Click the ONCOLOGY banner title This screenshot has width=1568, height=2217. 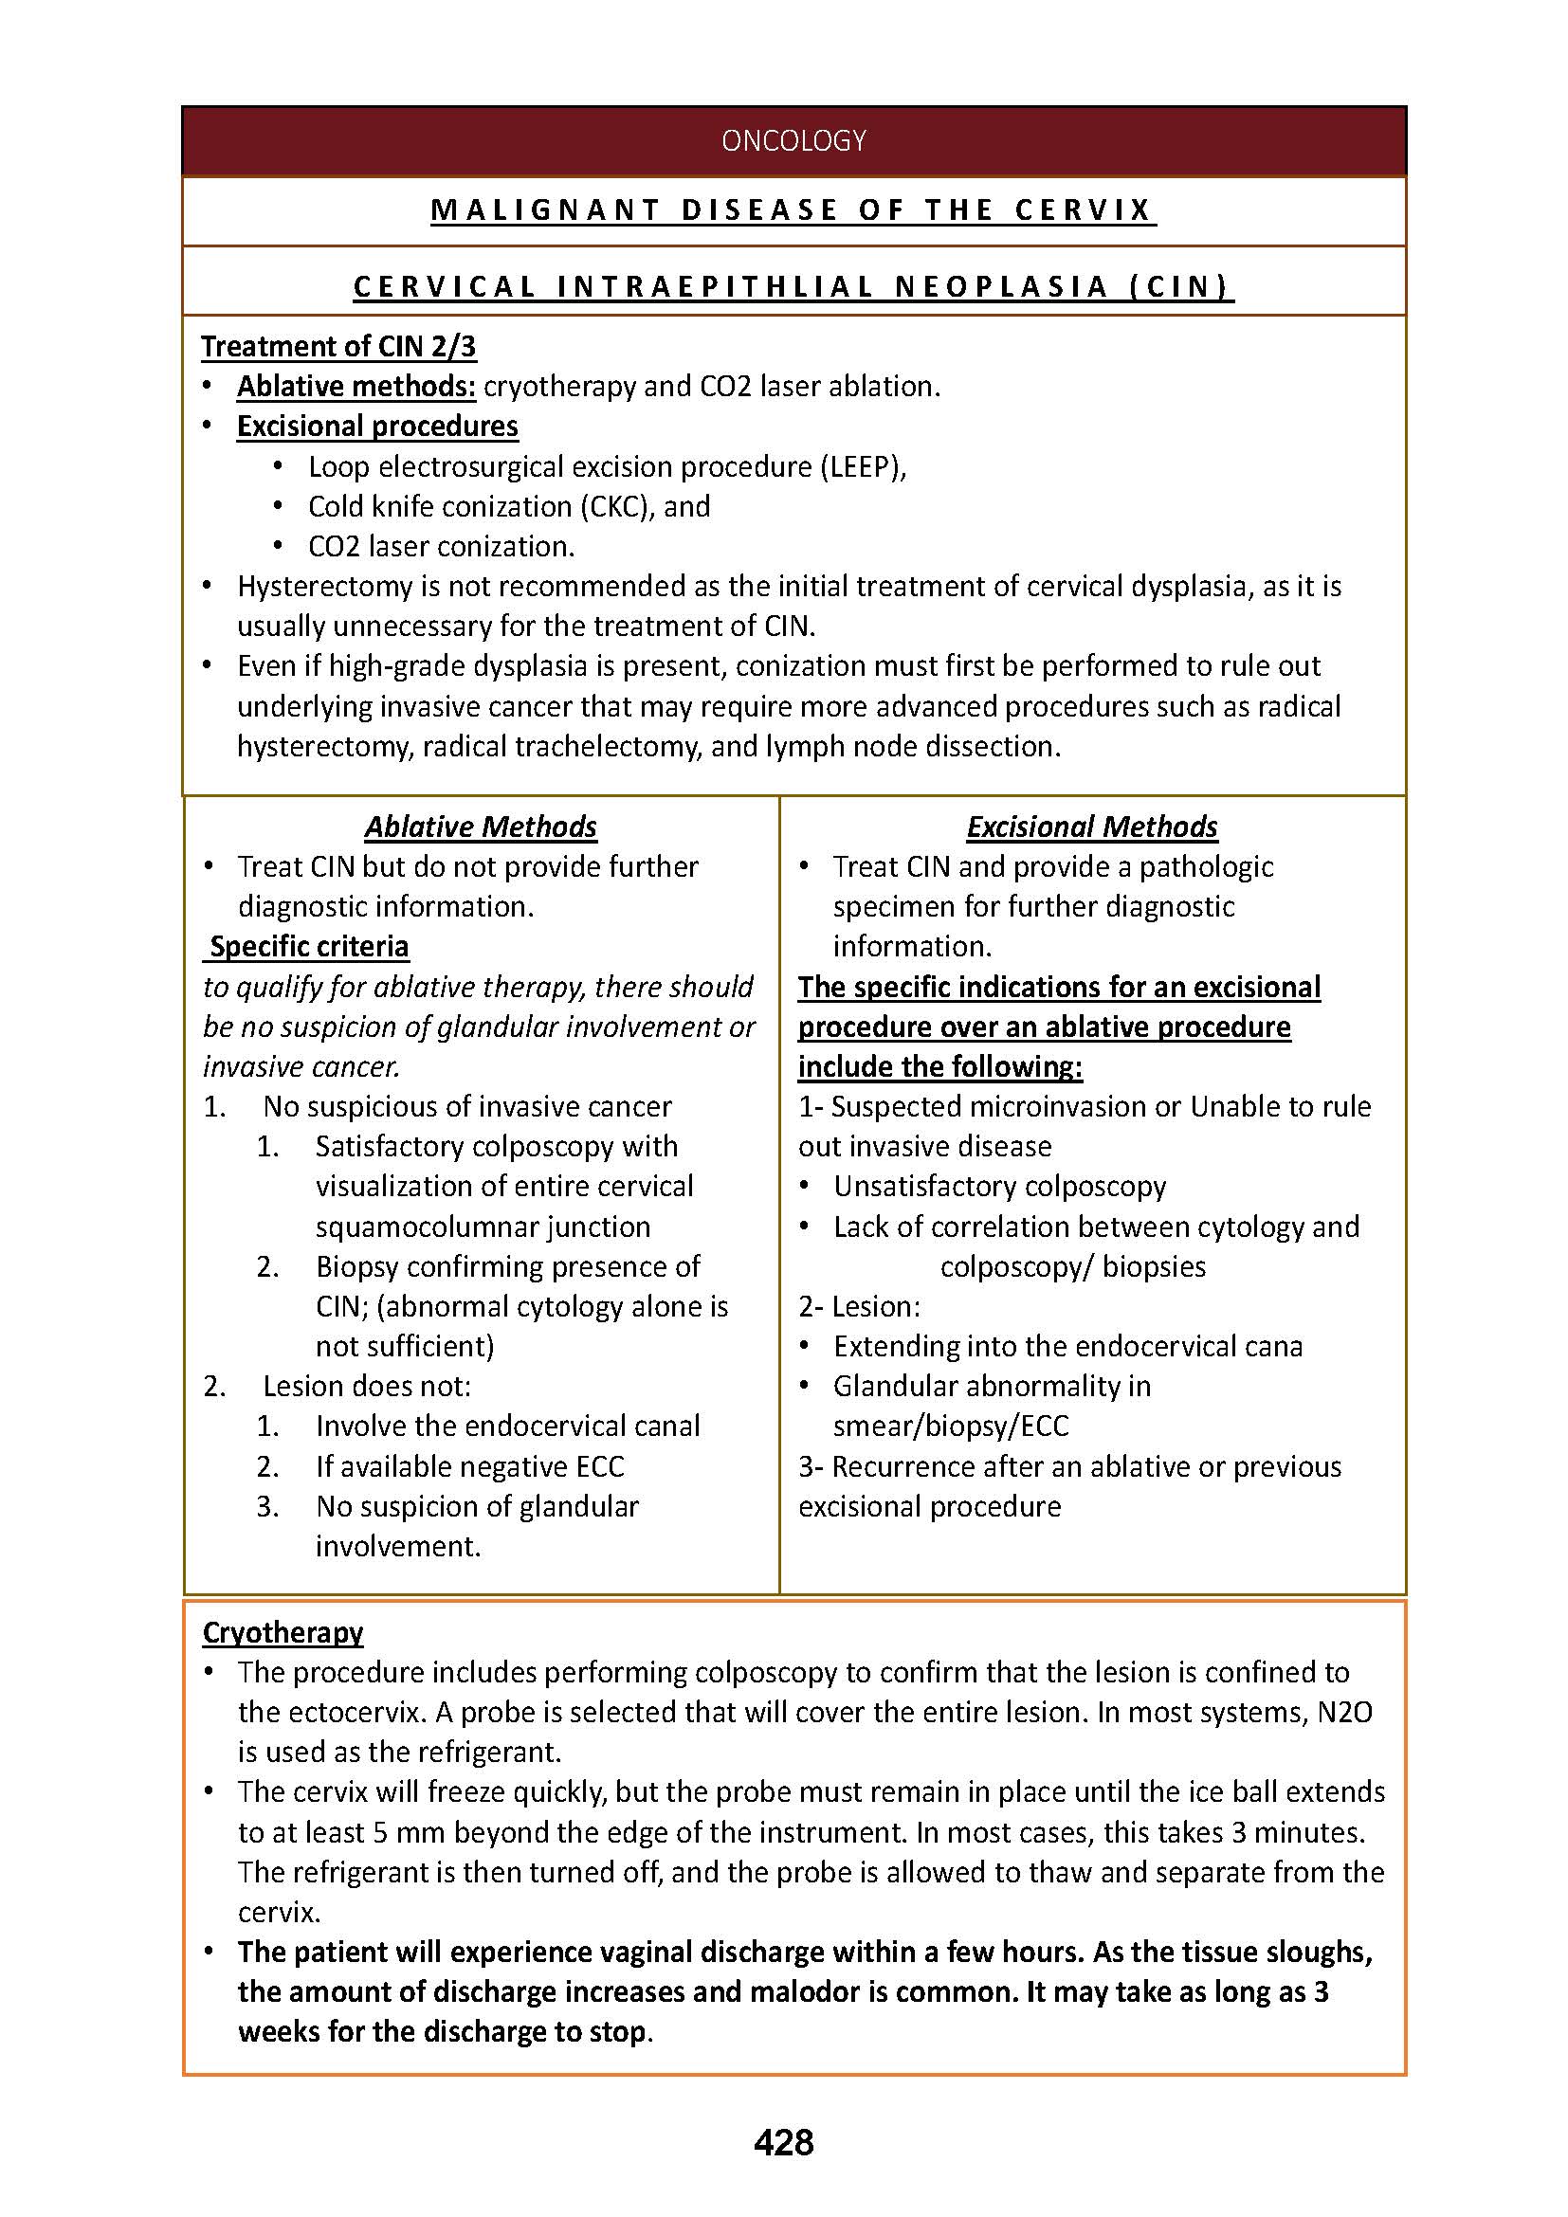[793, 141]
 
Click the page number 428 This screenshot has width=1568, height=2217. [783, 2143]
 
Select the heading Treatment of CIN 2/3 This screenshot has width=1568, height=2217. [337, 346]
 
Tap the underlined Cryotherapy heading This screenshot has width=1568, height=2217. [283, 1632]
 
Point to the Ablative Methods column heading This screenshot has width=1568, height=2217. [481, 827]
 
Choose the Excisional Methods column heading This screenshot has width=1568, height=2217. [1091, 827]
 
